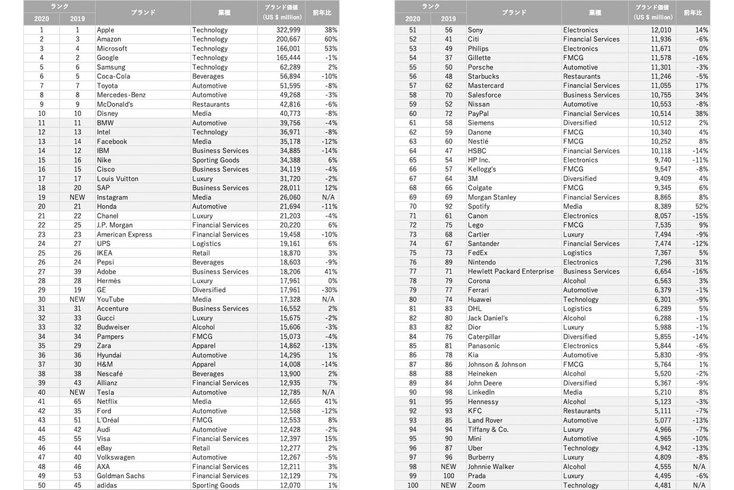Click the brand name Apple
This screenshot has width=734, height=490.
pyautogui.click(x=106, y=30)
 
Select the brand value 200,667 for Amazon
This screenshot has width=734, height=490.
pyautogui.click(x=285, y=39)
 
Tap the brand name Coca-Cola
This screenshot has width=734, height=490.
pyautogui.click(x=113, y=76)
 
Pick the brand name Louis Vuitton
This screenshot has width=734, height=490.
pyautogui.click(x=118, y=179)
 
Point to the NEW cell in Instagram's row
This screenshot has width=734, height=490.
pyautogui.click(x=78, y=197)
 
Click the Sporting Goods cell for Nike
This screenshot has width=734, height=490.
pyautogui.click(x=215, y=160)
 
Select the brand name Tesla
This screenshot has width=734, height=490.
pyautogui.click(x=106, y=393)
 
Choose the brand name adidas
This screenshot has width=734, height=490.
pyautogui.click(x=109, y=485)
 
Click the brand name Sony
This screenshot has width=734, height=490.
pyautogui.click(x=476, y=30)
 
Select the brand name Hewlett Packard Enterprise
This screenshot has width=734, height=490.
pyautogui.click(x=511, y=271)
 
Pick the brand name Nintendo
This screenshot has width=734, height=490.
pyautogui.click(x=482, y=262)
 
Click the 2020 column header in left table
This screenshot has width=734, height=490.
pyautogui.click(x=42, y=19)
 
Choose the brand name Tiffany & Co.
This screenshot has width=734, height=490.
pyautogui.click(x=488, y=430)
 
